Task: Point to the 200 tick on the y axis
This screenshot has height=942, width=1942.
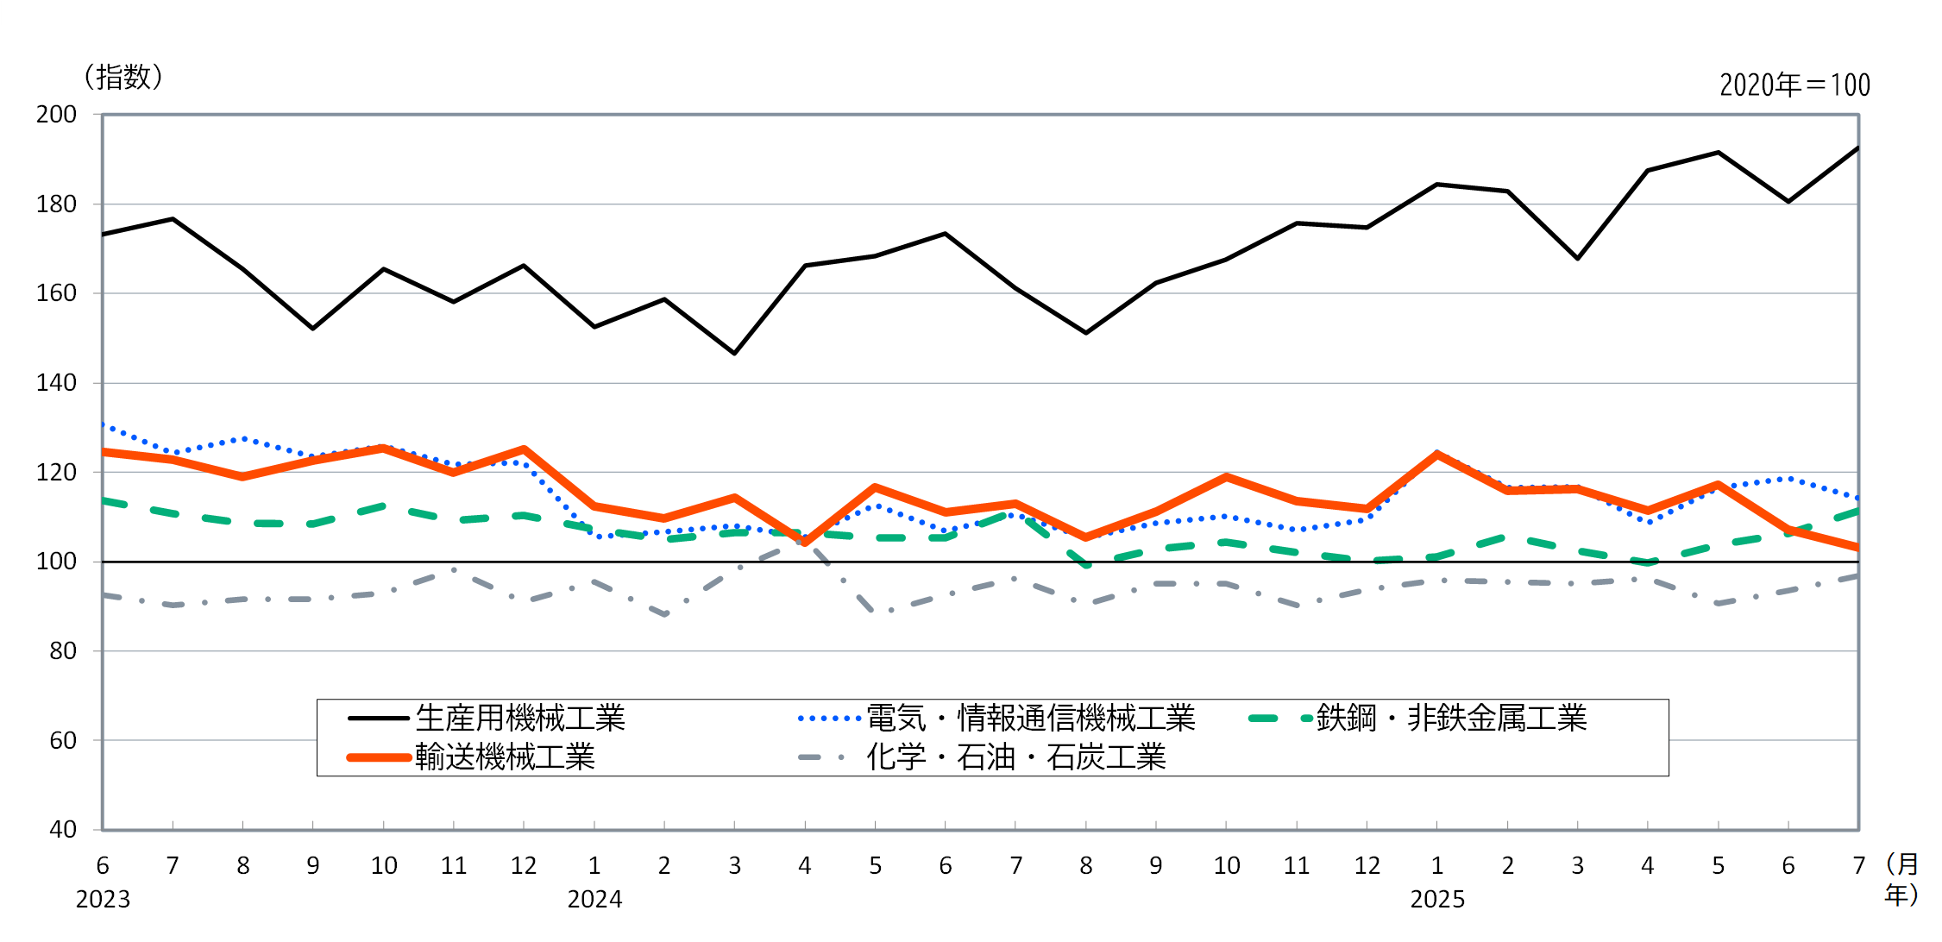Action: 56,115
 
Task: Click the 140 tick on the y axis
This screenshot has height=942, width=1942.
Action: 56,383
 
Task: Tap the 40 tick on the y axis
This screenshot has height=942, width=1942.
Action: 62,830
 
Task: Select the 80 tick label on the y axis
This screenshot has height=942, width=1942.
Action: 62,651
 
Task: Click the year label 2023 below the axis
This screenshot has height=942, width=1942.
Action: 103,900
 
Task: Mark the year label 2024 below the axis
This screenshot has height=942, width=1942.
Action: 594,900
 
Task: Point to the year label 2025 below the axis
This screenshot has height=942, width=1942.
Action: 1437,900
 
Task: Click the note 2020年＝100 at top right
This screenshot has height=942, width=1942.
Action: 1794,85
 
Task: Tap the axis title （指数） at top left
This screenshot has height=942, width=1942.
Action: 123,78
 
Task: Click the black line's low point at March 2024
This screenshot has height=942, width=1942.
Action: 735,354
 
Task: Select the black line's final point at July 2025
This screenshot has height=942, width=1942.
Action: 1857,148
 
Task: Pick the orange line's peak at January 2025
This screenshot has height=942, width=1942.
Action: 1437,454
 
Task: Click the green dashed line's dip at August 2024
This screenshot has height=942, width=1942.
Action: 1086,565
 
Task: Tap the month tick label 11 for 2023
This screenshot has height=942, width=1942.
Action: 454,866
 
